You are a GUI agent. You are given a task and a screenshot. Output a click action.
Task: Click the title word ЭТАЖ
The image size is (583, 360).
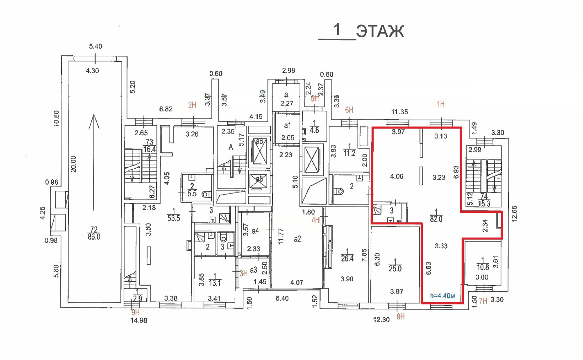[380, 32]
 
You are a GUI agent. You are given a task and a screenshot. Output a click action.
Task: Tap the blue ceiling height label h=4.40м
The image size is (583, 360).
[442, 296]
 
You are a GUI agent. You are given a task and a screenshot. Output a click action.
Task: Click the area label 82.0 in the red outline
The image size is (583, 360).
[436, 219]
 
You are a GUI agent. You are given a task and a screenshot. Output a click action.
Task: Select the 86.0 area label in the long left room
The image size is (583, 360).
[94, 237]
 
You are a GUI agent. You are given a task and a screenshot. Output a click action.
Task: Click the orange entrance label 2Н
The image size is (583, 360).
[192, 105]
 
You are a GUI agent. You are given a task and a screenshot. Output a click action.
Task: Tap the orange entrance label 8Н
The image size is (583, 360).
[400, 317]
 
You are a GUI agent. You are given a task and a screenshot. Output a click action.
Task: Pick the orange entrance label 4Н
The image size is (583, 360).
[315, 220]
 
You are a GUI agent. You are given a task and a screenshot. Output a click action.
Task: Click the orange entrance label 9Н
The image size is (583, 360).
[136, 312]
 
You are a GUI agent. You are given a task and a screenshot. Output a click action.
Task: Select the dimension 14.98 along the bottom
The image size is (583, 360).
[138, 320]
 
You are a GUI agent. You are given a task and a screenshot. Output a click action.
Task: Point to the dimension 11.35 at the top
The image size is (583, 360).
[399, 112]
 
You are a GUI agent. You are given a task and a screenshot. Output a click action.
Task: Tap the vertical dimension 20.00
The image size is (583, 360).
[74, 164]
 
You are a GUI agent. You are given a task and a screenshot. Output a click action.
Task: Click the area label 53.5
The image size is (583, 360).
[174, 218]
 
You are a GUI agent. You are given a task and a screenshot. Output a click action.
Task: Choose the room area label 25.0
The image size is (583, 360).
[395, 269]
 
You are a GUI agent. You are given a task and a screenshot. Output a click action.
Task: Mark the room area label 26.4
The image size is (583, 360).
[347, 258]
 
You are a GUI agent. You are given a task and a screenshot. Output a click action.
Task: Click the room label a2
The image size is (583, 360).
[297, 239]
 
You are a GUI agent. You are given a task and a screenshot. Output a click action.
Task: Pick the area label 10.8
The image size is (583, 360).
[483, 267]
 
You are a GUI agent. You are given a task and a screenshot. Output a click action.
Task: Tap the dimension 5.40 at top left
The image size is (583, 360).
[95, 46]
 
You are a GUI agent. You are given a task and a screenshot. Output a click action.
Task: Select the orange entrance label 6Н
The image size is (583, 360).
[349, 110]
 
